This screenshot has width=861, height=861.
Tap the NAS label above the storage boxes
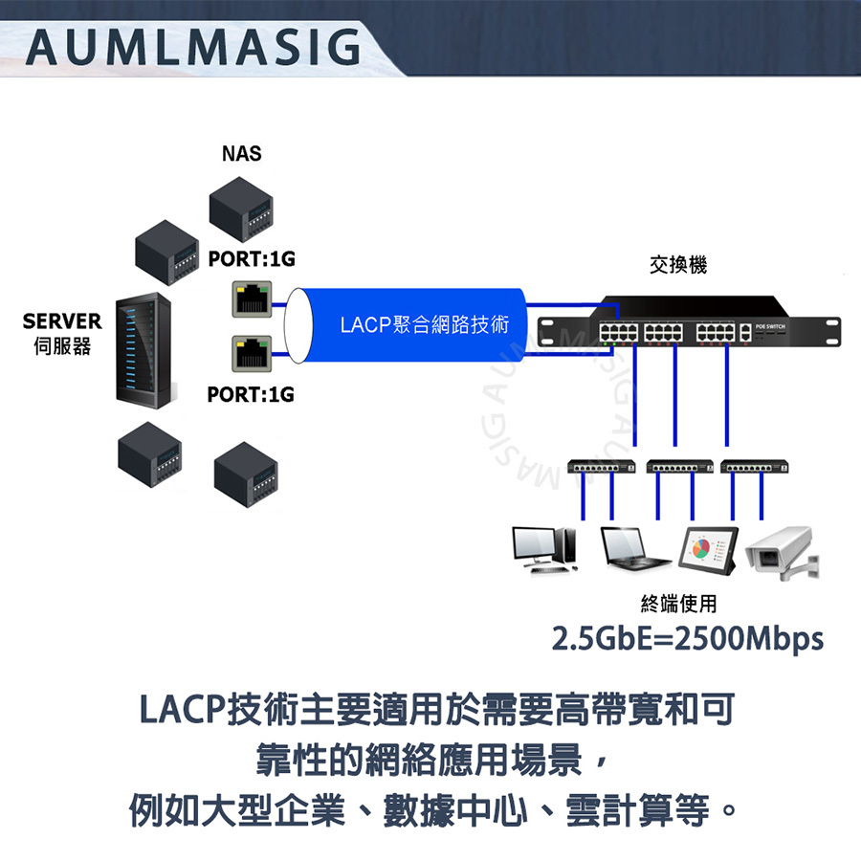click(x=242, y=154)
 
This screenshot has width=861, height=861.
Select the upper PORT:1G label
click(x=252, y=258)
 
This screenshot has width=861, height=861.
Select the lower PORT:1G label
click(x=251, y=394)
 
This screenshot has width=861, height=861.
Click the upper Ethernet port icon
click(x=252, y=299)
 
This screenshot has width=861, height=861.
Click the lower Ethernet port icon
click(x=252, y=354)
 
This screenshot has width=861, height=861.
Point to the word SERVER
click(x=62, y=321)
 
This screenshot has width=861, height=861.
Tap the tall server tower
click(x=143, y=350)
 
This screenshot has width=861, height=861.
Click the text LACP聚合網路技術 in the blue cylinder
click(x=425, y=324)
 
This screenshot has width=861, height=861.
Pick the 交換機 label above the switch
click(x=678, y=265)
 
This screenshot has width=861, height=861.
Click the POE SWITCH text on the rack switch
click(x=770, y=327)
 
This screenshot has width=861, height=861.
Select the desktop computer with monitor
click(x=544, y=550)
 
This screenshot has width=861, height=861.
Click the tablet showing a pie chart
click(x=708, y=550)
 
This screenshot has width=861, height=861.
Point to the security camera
click(x=782, y=552)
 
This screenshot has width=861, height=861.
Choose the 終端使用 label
click(x=678, y=604)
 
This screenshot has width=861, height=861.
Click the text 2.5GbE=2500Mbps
click(x=688, y=638)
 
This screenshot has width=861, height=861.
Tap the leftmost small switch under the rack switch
click(x=602, y=467)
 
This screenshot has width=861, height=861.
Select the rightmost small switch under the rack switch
click(x=755, y=467)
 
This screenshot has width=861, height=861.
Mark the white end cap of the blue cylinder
click(x=298, y=325)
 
